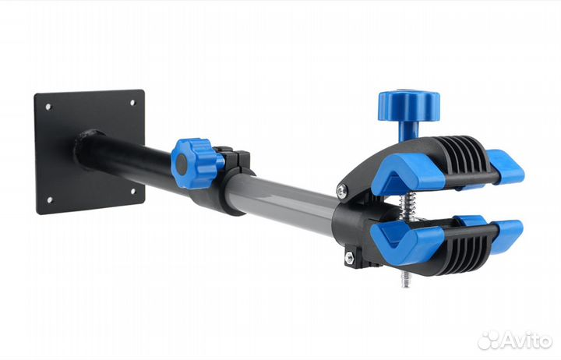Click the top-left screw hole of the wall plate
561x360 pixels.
tap(48, 106)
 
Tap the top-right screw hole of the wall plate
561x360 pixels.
tap(132, 103)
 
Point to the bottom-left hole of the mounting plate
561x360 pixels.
tap(49, 199)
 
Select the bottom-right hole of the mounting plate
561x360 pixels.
tap(132, 192)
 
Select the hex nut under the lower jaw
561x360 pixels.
tap(349, 256)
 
